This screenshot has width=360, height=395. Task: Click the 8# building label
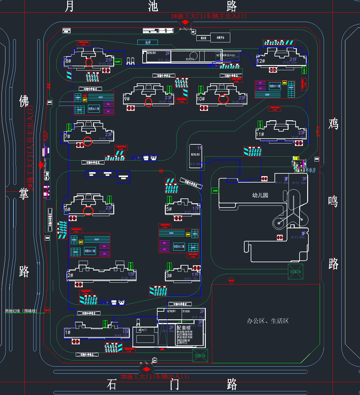68,61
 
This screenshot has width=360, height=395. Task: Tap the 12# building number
261,61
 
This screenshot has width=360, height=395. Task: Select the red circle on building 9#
148,102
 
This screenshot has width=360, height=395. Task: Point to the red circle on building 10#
223,99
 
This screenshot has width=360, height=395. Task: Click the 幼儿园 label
260,195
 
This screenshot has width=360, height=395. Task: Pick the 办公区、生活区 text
268,321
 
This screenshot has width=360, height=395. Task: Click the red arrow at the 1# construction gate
185,22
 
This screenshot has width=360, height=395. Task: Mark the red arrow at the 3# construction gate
147,369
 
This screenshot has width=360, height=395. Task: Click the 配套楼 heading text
184,328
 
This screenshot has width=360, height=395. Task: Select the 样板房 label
311,170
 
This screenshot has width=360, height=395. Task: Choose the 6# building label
67,209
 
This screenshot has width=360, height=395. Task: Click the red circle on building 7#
88,141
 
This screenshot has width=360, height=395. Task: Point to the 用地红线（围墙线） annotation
21,311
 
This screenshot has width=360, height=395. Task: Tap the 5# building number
169,209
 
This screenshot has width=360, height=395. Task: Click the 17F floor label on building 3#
195,275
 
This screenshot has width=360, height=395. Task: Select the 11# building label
260,134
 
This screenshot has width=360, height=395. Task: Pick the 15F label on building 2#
131,274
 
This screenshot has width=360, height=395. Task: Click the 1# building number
68,332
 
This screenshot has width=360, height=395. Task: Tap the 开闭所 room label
186,311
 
